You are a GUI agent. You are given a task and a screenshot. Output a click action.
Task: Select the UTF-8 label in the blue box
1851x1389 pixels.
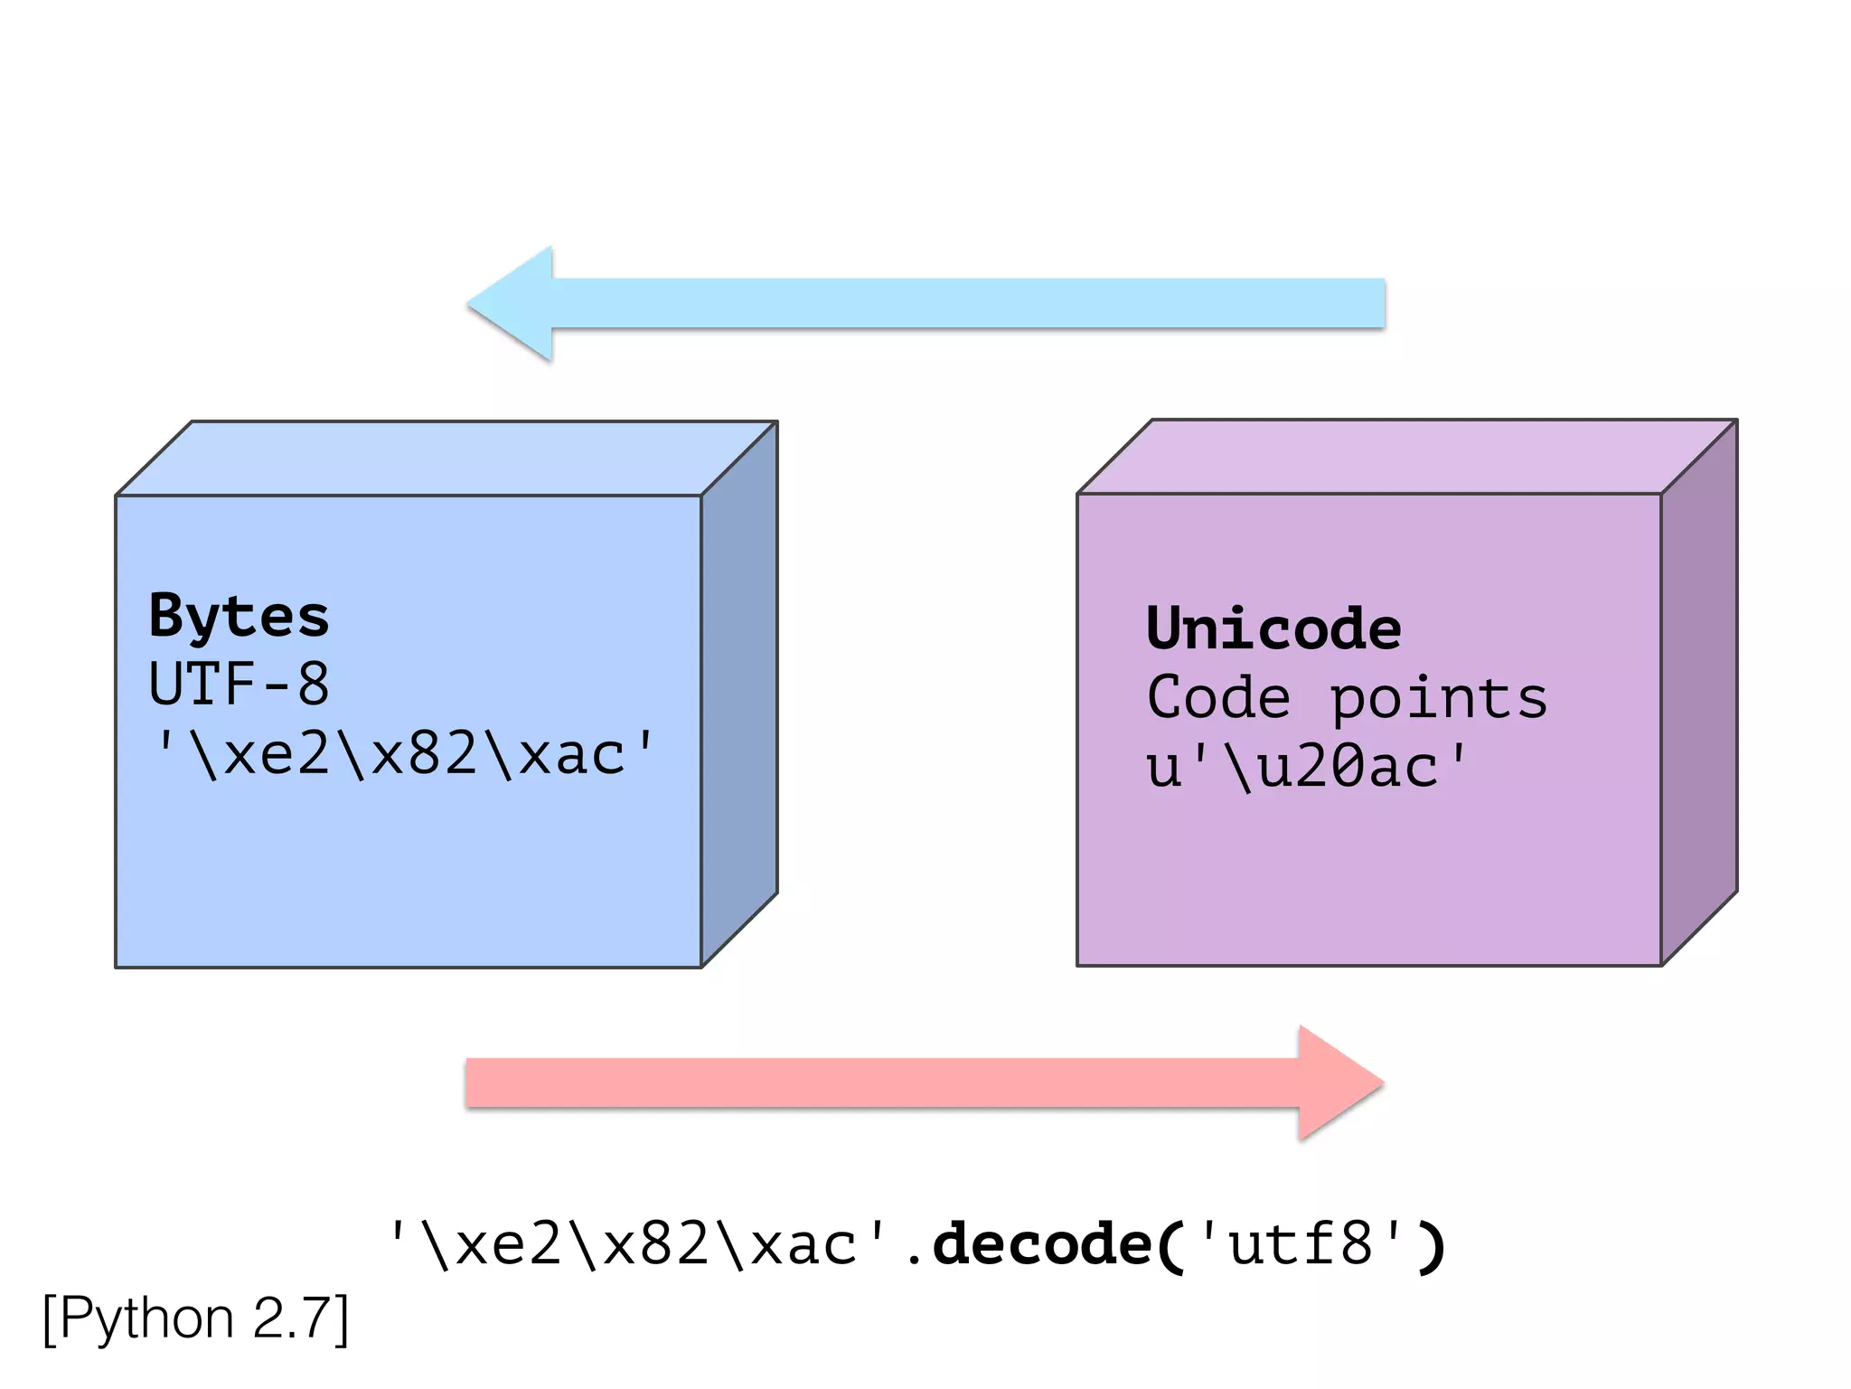point(239,685)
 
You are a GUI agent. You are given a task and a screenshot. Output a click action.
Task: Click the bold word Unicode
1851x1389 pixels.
point(1273,629)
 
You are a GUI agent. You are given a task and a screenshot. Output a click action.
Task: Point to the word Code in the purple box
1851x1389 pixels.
point(1217,698)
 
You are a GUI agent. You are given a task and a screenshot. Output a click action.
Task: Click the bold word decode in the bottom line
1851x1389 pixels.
point(1042,1245)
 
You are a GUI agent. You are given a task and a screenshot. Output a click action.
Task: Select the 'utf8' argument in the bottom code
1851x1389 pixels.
point(1301,1245)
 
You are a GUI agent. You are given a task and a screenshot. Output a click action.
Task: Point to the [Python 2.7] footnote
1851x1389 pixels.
point(195,1318)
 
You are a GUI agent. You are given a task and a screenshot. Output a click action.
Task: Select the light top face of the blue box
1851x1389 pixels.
point(447,458)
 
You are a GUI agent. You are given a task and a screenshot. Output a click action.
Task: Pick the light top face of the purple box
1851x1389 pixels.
point(1407,456)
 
